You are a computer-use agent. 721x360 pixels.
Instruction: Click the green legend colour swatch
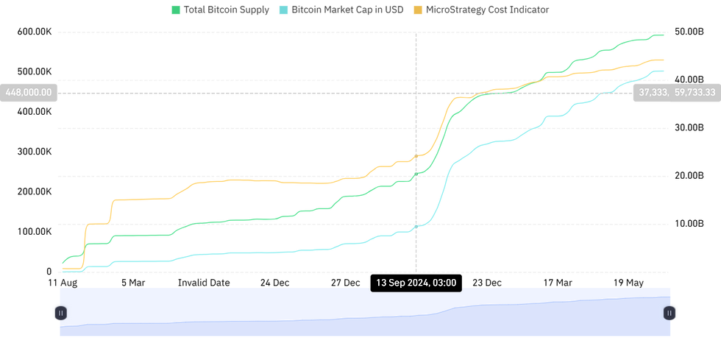tap(176, 10)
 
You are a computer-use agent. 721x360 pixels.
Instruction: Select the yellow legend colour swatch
tap(417, 10)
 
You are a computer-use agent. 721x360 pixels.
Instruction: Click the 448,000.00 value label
tap(29, 93)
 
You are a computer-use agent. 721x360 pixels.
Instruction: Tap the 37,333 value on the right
tap(652, 93)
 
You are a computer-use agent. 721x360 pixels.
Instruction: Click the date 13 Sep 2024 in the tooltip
tap(402, 283)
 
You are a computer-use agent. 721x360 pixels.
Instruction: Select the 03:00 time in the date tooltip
tap(444, 283)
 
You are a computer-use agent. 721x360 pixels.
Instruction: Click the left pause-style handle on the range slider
tap(61, 313)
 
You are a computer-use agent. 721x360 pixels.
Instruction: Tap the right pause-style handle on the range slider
tap(669, 313)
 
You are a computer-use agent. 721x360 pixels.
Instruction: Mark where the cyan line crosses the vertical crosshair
tap(416, 227)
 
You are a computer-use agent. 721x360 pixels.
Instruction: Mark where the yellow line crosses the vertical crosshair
tap(416, 156)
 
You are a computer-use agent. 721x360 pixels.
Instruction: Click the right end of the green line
tap(665, 35)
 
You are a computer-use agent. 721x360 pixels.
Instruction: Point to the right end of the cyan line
tap(665, 71)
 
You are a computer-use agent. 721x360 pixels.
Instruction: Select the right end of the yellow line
tap(665, 60)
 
